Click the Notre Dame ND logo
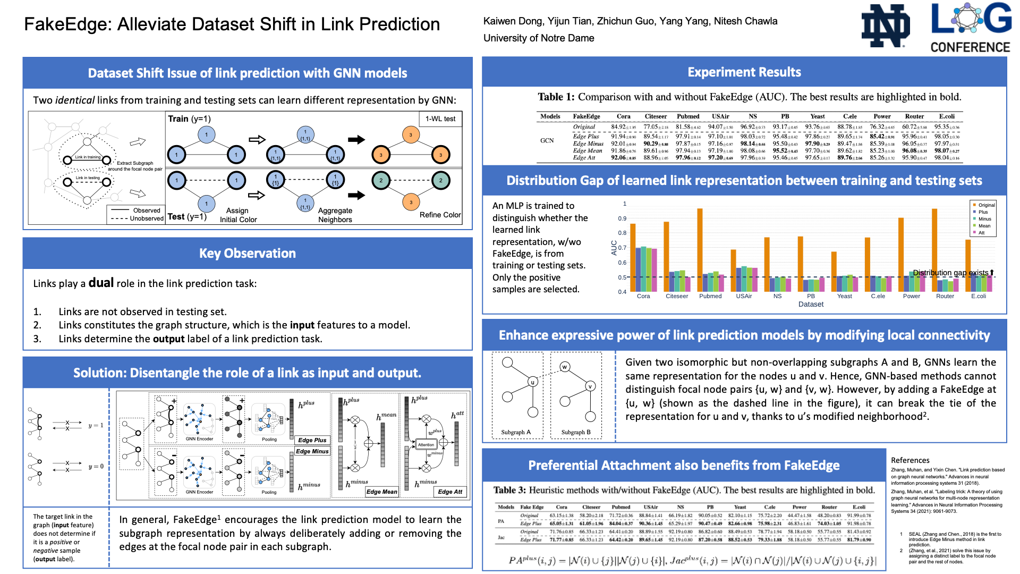click(x=885, y=26)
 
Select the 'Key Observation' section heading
click(x=248, y=254)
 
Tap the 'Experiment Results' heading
click(x=744, y=72)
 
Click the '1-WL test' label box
click(x=440, y=119)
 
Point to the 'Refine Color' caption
click(x=440, y=215)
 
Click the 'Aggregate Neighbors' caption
click(x=335, y=215)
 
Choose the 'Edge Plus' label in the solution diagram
click(x=312, y=440)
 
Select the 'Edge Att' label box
click(x=450, y=492)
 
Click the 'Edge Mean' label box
click(x=381, y=492)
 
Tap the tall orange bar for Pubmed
click(x=700, y=250)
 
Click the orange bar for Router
click(x=934, y=250)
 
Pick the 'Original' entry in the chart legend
click(x=986, y=205)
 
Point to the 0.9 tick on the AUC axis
click(x=622, y=218)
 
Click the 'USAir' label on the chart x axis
click(x=744, y=296)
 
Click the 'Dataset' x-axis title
click(x=811, y=305)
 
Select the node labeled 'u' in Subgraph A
click(x=533, y=382)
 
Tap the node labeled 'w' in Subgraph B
click(x=565, y=367)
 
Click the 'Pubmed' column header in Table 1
click(x=688, y=116)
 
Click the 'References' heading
click(x=910, y=460)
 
